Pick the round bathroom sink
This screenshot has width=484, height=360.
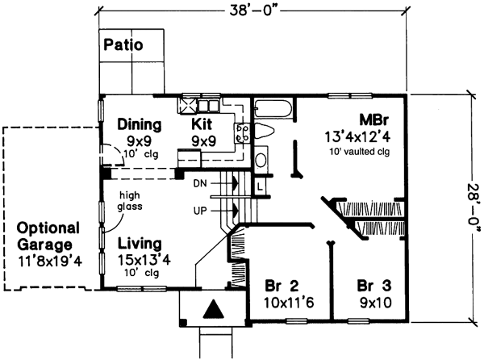tap(261, 161)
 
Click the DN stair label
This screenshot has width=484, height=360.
tap(201, 184)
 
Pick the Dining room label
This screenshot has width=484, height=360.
tap(140, 125)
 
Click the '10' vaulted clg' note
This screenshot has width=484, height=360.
tap(365, 151)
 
